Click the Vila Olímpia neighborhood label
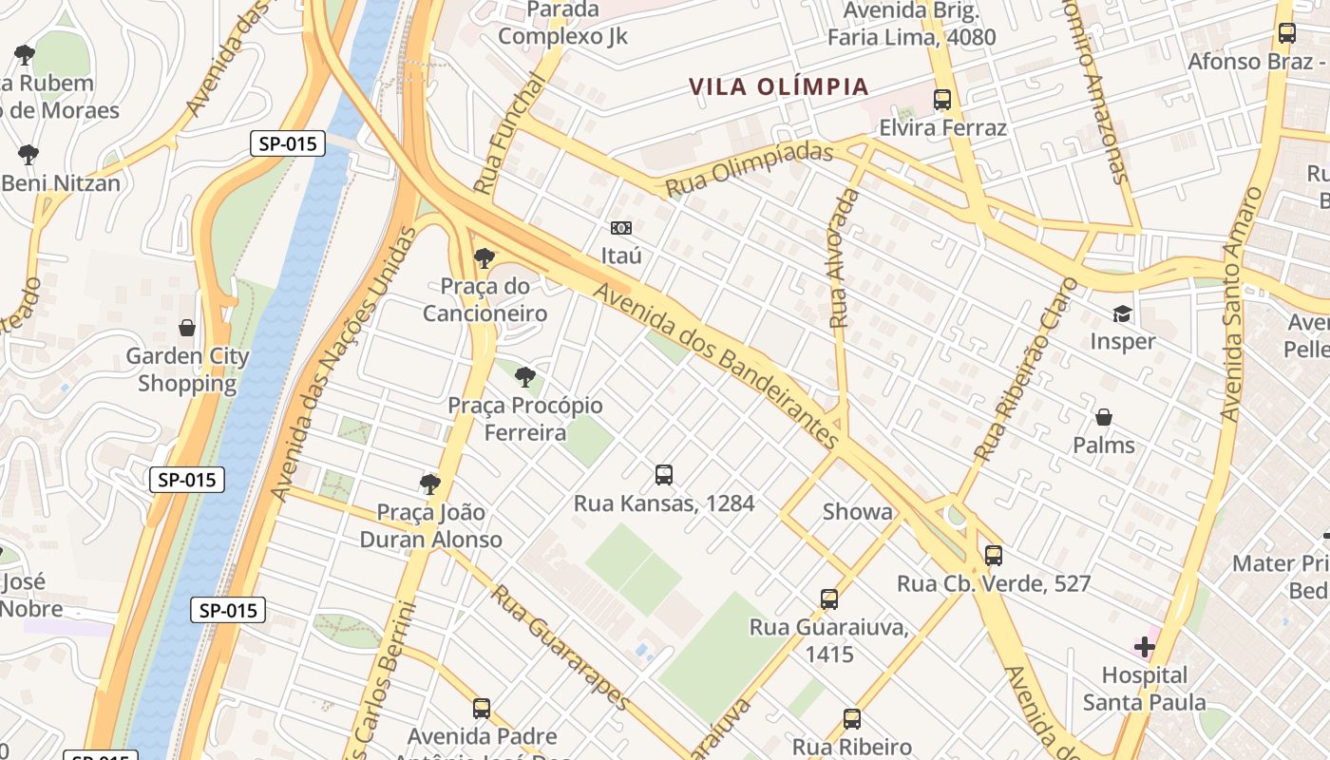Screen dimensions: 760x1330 click(x=779, y=86)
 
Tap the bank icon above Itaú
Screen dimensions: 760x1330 click(x=621, y=228)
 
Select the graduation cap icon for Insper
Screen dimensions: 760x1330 click(x=1123, y=314)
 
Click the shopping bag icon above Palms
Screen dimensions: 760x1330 click(x=1104, y=417)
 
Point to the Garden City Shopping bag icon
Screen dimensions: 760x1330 click(x=187, y=328)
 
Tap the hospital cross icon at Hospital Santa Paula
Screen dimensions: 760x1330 click(x=1145, y=648)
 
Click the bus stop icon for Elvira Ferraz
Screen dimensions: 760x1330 click(x=942, y=100)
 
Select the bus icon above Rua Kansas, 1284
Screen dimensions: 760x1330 click(x=664, y=475)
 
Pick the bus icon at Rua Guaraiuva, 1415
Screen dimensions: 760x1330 click(x=829, y=599)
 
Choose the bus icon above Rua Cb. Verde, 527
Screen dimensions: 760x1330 click(x=994, y=556)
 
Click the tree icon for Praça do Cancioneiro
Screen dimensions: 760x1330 click(x=484, y=257)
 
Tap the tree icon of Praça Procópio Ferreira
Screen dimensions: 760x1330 click(x=524, y=377)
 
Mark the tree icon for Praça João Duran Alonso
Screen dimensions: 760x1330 click(x=430, y=484)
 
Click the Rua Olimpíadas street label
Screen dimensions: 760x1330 click(x=749, y=170)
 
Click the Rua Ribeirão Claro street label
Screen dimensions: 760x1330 click(x=1029, y=370)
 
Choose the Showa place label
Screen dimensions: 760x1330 click(x=858, y=512)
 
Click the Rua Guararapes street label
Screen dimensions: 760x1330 click(x=560, y=646)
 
